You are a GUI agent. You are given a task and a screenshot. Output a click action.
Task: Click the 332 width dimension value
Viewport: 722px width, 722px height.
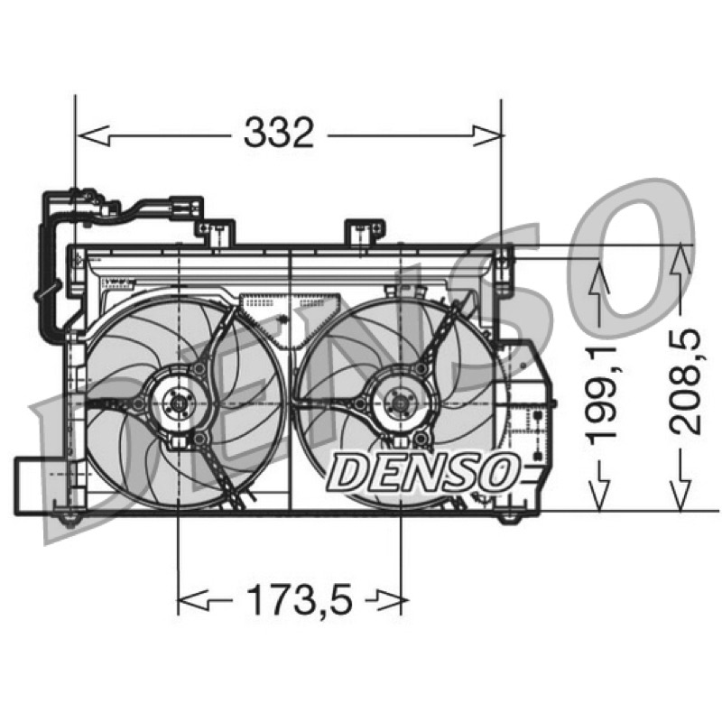(x=279, y=133)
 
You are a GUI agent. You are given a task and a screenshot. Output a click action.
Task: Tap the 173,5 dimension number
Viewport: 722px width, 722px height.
(x=300, y=600)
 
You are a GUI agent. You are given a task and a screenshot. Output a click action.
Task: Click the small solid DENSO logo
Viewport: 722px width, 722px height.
(x=423, y=471)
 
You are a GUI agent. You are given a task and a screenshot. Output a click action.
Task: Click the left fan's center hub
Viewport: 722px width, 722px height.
(x=177, y=403)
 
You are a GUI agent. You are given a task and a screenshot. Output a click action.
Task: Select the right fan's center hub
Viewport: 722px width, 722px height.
(x=399, y=403)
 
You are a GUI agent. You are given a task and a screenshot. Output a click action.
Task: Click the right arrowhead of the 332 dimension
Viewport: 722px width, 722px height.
(x=487, y=136)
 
